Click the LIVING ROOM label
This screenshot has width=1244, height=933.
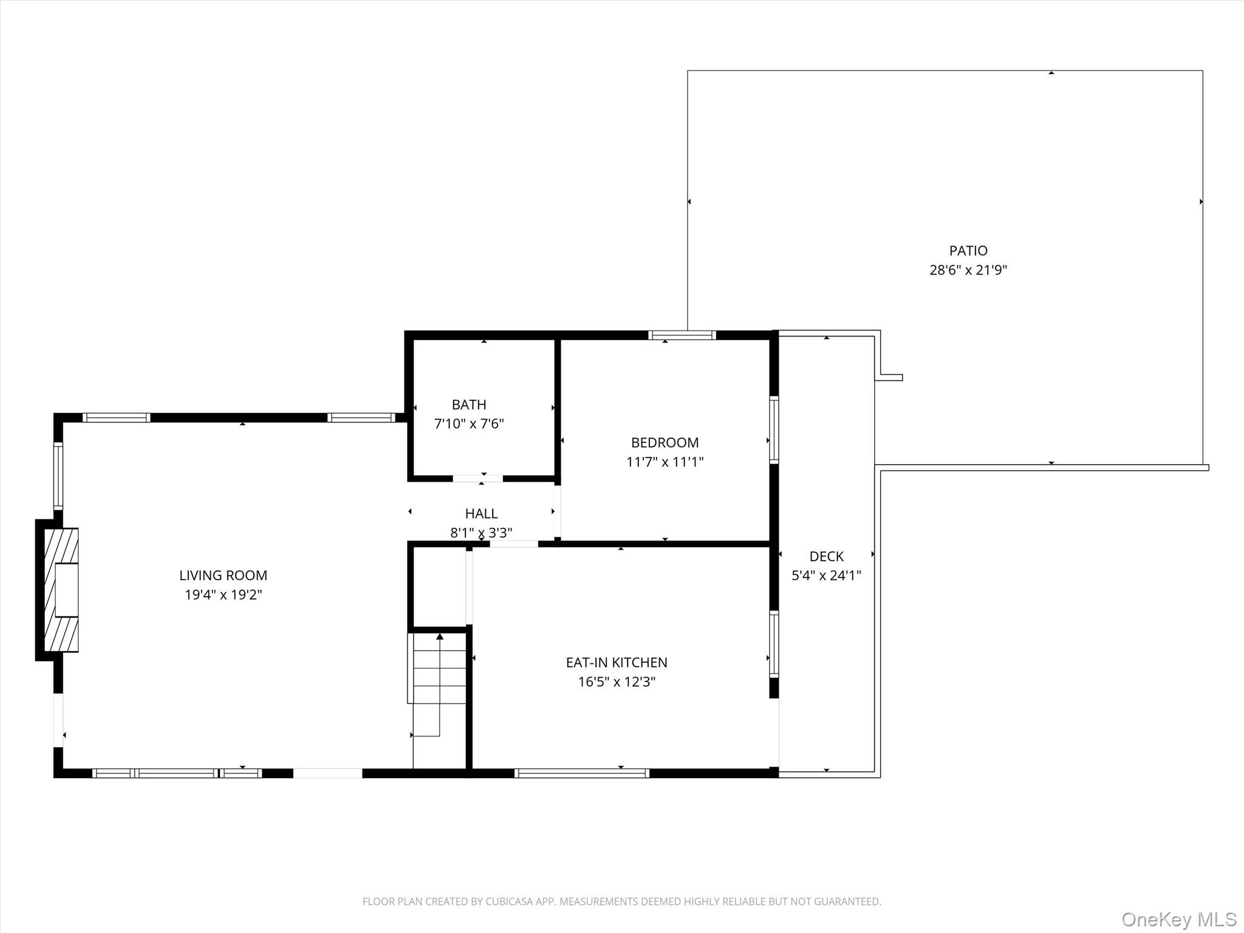223,575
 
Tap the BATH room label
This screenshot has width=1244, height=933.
469,405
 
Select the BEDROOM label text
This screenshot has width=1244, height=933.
665,443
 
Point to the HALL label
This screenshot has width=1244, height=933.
481,514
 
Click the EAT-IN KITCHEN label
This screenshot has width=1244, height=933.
617,663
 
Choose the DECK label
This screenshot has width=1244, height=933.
826,556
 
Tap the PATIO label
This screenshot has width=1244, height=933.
968,251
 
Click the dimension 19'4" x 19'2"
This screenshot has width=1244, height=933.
223,595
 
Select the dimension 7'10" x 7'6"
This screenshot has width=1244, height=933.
469,424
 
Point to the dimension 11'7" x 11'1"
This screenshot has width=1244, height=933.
665,462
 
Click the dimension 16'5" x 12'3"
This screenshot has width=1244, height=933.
617,682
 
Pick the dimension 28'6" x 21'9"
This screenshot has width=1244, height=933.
968,270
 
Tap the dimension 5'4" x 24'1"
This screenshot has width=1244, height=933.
826,576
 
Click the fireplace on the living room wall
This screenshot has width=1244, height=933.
57,590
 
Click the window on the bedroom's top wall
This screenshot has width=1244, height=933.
682,335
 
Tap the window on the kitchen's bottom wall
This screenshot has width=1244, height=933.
582,773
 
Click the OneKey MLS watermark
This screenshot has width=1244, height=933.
1179,919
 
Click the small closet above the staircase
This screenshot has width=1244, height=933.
439,587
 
